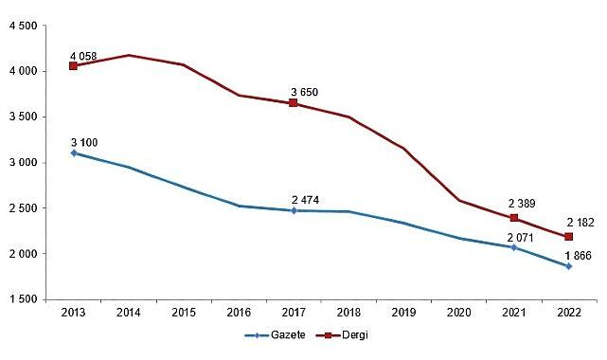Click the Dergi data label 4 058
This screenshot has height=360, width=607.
(x=83, y=54)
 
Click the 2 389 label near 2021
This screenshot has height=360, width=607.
(x=525, y=203)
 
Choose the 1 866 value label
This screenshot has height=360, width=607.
(x=580, y=257)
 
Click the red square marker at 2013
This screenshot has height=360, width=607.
(x=74, y=66)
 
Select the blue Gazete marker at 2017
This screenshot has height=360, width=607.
(x=294, y=210)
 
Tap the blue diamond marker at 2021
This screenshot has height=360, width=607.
(x=513, y=247)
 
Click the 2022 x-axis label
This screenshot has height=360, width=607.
(x=568, y=312)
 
